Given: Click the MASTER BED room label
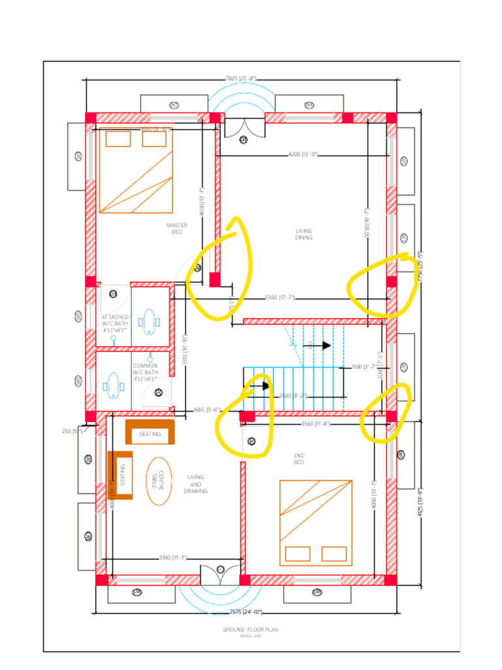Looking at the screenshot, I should point(176,228).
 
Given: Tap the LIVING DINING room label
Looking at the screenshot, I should point(303,234).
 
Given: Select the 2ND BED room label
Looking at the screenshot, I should point(299,459).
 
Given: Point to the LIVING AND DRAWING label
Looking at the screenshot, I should point(195,484).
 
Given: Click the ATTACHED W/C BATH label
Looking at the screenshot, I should point(115,323).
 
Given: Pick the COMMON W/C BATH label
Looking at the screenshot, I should point(145,372).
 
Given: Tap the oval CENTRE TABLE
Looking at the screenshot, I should point(159,480).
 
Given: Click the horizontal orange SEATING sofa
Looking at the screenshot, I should point(150,433).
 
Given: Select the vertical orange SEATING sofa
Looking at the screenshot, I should point(120,475).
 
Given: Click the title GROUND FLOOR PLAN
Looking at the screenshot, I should point(250,629).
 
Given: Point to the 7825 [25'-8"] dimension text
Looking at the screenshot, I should point(241,79).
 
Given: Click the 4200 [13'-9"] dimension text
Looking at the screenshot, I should point(303,154).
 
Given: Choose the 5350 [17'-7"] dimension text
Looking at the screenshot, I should point(280,298).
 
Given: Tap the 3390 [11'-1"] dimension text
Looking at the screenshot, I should point(173,558).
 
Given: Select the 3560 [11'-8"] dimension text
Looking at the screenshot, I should point(316,424).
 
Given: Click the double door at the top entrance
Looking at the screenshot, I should point(244,128).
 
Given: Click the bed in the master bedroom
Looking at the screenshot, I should point(136,172).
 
